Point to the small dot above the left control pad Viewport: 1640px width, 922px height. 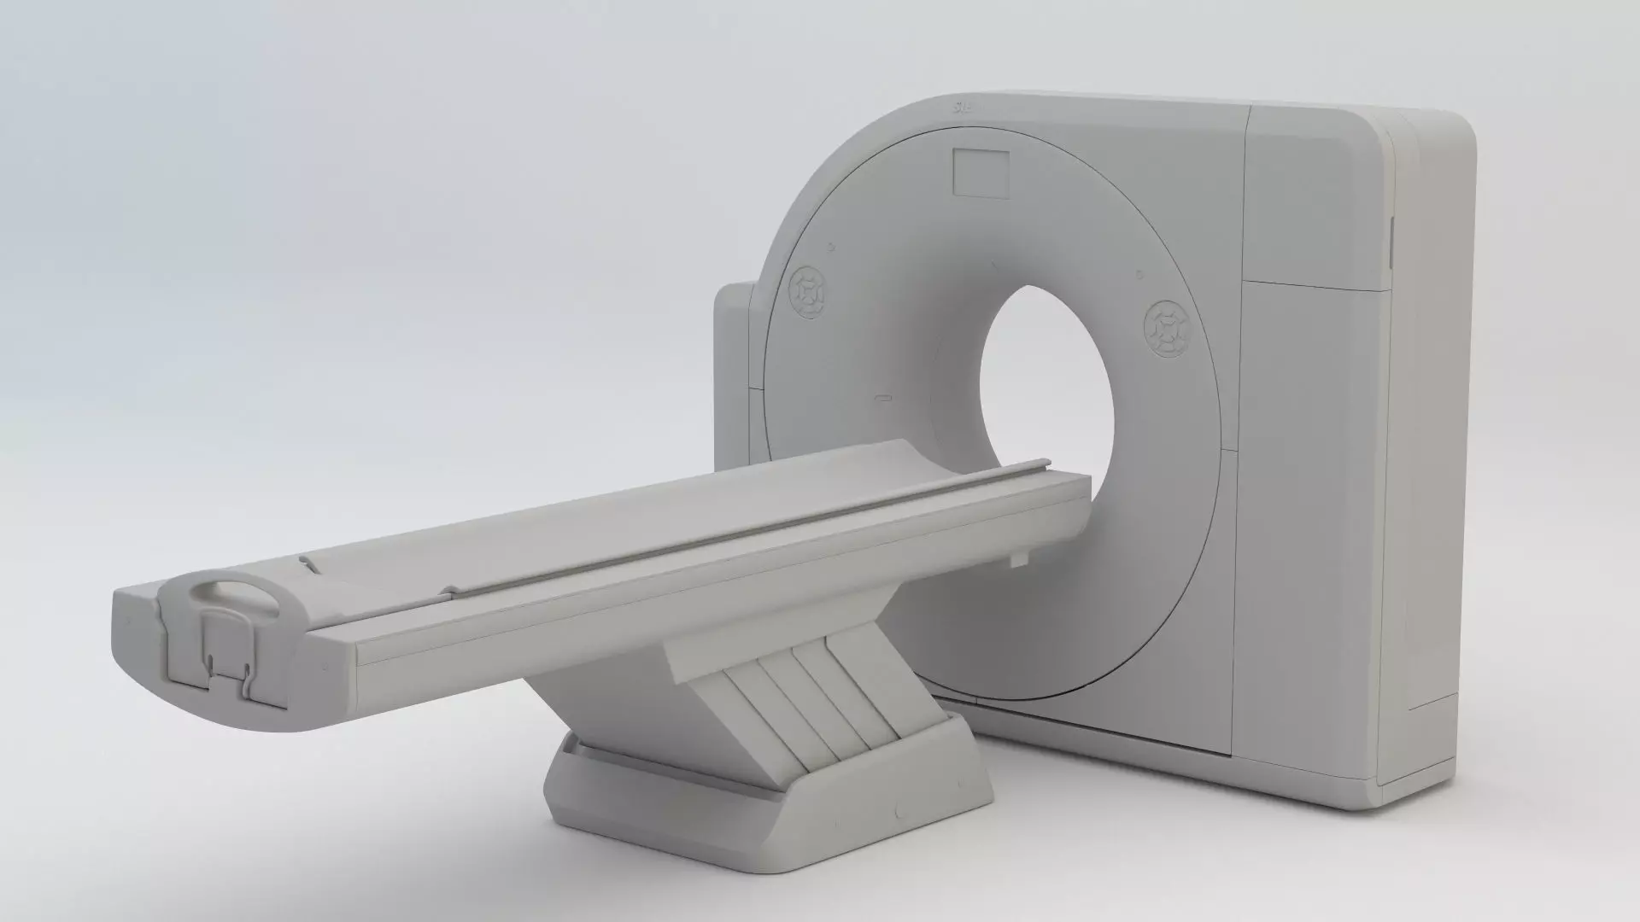pos(829,248)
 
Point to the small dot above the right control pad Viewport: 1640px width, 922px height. pos(1139,274)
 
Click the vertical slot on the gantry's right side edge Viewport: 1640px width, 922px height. pos(1390,239)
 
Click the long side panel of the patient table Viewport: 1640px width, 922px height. pos(683,606)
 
